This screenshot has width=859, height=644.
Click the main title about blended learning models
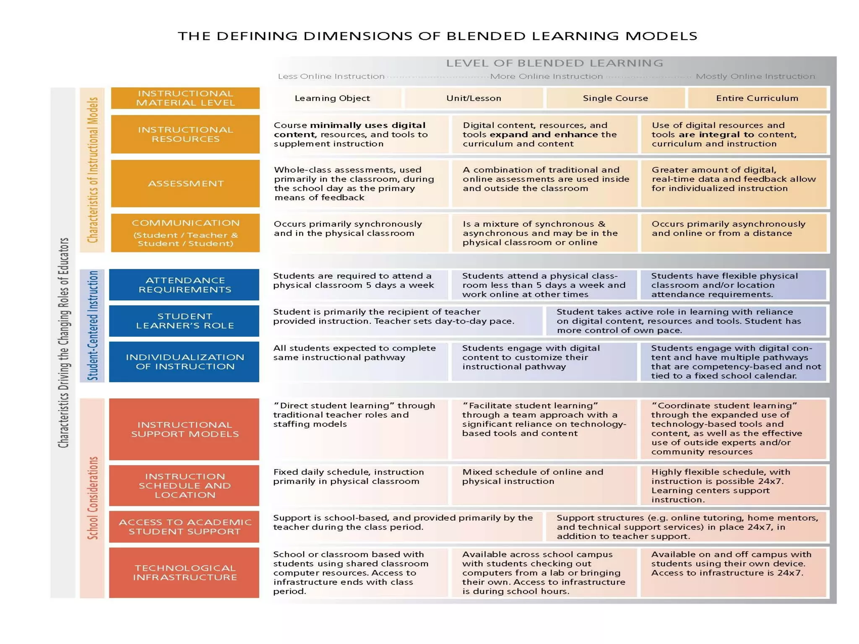coord(437,36)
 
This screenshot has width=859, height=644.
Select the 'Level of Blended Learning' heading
coord(554,63)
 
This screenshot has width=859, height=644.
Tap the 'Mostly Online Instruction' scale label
coord(755,76)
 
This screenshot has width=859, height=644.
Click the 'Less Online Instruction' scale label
coord(331,76)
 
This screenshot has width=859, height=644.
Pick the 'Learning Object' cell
coord(332,98)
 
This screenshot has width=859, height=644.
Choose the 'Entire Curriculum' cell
coord(757,98)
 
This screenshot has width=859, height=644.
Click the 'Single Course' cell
coord(615,98)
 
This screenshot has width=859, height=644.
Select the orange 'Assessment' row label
coord(185,184)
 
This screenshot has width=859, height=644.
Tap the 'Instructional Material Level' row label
coord(185,98)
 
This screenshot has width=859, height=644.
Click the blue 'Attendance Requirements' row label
coord(185,285)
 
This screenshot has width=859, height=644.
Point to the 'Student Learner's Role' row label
coord(185,321)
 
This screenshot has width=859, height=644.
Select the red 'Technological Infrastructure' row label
coord(185,572)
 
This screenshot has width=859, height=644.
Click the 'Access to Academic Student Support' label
coord(185,527)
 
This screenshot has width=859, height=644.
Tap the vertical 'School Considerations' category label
coord(93,498)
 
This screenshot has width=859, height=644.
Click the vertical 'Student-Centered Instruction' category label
coord(93,325)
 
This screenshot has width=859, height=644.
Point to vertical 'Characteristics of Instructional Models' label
coord(93,170)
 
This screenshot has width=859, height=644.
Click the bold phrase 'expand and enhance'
coord(544,135)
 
